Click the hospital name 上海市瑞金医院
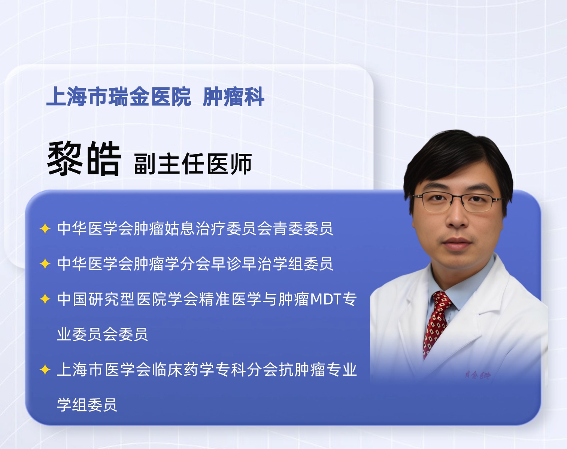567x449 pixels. click(x=119, y=97)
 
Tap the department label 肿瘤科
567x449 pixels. click(x=233, y=97)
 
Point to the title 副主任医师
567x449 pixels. click(x=193, y=164)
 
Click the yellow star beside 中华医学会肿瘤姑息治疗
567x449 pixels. click(x=45, y=228)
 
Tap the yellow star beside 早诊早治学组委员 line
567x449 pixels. click(x=45, y=264)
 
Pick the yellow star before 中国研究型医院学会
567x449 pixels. click(x=45, y=299)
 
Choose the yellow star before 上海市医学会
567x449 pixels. click(x=45, y=369)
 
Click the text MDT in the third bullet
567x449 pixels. click(x=326, y=299)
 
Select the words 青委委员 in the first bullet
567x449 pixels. click(x=303, y=228)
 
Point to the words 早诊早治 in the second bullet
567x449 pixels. click(x=242, y=264)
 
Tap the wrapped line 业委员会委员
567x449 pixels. click(x=103, y=334)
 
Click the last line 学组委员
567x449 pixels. click(x=87, y=405)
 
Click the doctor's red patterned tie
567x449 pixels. click(x=436, y=324)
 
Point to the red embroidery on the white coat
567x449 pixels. click(x=477, y=375)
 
